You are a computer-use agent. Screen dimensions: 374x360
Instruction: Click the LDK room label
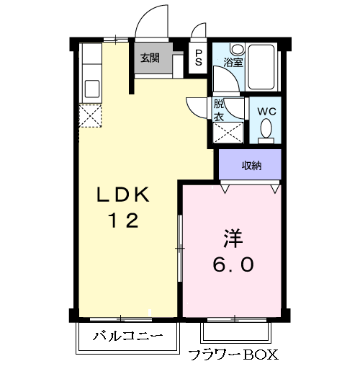(123, 195)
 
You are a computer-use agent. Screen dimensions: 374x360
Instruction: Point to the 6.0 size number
(232, 264)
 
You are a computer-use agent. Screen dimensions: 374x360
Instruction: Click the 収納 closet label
(251, 166)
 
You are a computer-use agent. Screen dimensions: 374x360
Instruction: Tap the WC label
(267, 111)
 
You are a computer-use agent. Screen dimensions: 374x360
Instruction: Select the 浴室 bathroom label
(233, 63)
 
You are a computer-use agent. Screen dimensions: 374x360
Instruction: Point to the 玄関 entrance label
(150, 58)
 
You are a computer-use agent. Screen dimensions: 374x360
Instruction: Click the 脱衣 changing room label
(219, 109)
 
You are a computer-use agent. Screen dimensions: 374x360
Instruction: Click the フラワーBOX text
(232, 355)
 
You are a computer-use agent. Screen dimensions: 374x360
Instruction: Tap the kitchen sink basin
(92, 89)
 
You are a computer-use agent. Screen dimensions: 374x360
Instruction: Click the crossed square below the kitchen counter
(91, 116)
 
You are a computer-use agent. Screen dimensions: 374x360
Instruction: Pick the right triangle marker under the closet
(275, 188)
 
